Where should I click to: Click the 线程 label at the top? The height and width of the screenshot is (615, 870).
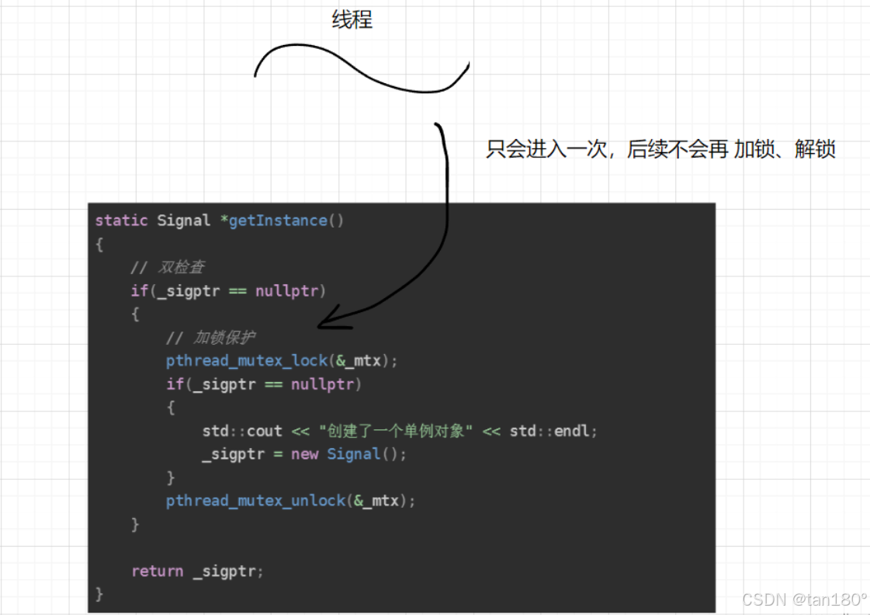pyautogui.click(x=352, y=19)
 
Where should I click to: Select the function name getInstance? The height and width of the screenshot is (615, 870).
pyautogui.click(x=278, y=221)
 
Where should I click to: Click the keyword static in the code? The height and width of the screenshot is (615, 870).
pyautogui.click(x=121, y=221)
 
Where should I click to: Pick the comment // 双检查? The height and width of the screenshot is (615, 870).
pyautogui.click(x=168, y=268)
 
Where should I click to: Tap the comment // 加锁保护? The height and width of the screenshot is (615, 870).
pyautogui.click(x=211, y=338)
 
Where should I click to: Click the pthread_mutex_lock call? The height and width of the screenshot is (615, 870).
pyautogui.click(x=246, y=361)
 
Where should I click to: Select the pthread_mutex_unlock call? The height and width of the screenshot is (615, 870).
pyautogui.click(x=255, y=501)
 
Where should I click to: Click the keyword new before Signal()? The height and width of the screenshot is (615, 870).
pyautogui.click(x=304, y=454)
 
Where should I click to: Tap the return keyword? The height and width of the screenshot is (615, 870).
pyautogui.click(x=157, y=571)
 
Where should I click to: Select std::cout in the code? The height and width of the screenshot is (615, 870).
pyautogui.click(x=242, y=431)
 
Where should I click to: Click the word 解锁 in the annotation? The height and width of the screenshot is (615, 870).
pyautogui.click(x=815, y=149)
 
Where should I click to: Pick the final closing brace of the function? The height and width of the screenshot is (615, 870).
pyautogui.click(x=99, y=594)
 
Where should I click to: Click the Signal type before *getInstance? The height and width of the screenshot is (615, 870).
pyautogui.click(x=183, y=221)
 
